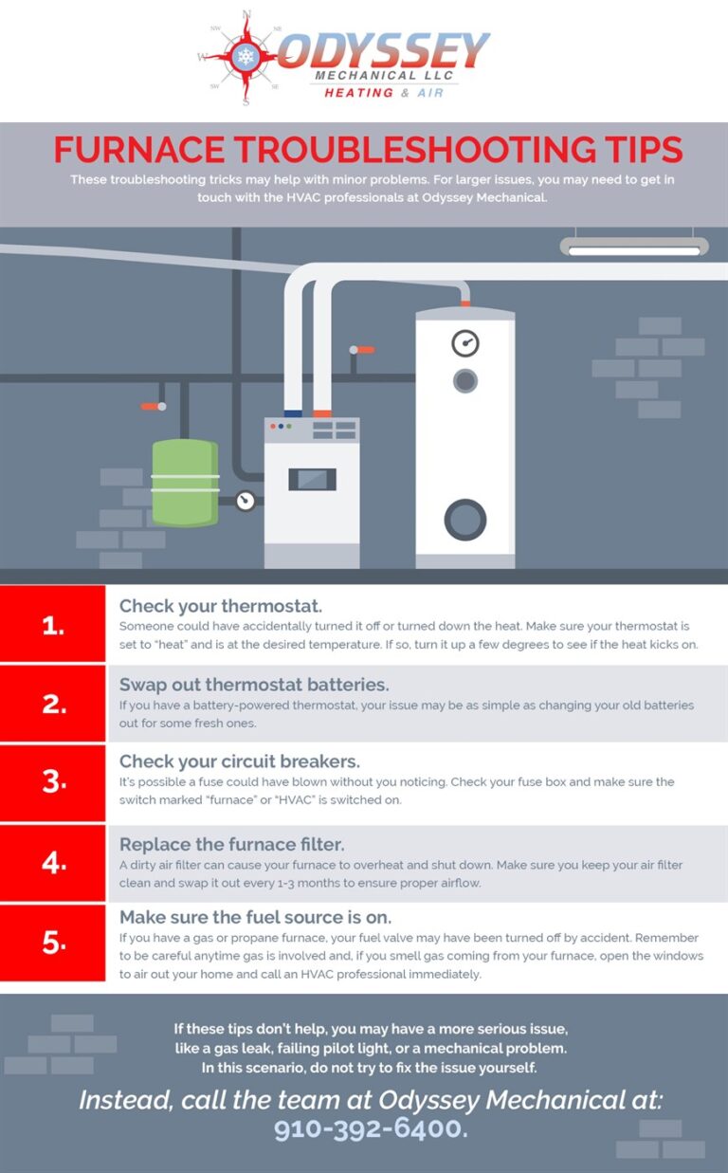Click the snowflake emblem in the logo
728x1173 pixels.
[246, 56]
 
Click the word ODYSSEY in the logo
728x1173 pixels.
[383, 50]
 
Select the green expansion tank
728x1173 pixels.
[185, 482]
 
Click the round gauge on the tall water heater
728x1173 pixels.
[465, 343]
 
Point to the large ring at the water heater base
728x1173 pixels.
[465, 519]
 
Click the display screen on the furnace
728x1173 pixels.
[312, 479]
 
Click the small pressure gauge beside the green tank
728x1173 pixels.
[246, 500]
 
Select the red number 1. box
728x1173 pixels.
[53, 624]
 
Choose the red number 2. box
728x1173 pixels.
[53, 704]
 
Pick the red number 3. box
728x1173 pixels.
[53, 782]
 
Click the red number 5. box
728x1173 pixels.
[53, 943]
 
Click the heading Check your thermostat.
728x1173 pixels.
[221, 606]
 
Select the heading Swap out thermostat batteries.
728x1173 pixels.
[255, 685]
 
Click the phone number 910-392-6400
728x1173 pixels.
[371, 1128]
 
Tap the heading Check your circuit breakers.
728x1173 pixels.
[239, 762]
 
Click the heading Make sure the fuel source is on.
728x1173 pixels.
[256, 917]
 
